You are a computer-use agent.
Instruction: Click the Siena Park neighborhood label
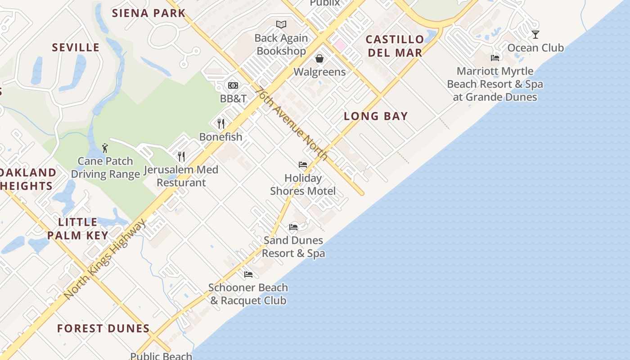(x=148, y=13)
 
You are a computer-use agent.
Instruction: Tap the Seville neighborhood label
(x=76, y=47)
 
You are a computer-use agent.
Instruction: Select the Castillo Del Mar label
(x=395, y=46)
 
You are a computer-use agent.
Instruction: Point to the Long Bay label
(x=376, y=116)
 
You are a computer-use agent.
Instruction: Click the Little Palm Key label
(x=78, y=229)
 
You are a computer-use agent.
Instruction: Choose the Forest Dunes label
(x=103, y=328)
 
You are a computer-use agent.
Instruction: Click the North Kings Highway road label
(x=105, y=259)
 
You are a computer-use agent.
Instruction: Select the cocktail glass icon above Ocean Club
(x=535, y=35)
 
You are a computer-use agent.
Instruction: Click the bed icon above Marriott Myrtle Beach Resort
(x=495, y=58)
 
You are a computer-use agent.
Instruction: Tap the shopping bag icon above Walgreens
(x=319, y=58)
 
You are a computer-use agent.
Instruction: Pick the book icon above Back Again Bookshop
(x=281, y=25)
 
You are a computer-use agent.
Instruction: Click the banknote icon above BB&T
(x=233, y=85)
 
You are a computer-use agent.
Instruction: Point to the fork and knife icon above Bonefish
(x=221, y=124)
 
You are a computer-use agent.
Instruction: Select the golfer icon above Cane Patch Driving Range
(x=105, y=148)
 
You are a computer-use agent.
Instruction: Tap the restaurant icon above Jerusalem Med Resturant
(x=181, y=157)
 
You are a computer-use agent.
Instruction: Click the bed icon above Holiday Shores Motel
(x=303, y=165)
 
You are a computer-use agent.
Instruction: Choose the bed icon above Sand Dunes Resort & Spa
(x=293, y=227)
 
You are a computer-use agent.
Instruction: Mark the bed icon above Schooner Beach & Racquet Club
(x=248, y=274)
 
